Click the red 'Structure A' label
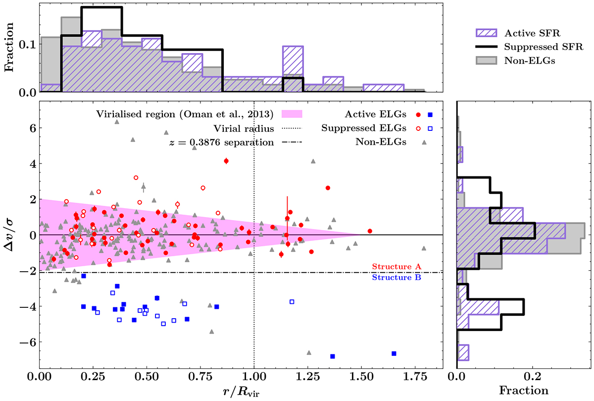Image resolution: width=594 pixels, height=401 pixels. [396, 266]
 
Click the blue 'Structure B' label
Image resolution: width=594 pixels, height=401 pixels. [396, 277]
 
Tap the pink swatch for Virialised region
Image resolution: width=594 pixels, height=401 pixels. [292, 114]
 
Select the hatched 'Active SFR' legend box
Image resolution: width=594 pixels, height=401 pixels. [486, 33]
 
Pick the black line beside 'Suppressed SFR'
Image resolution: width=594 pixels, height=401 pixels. [486, 47]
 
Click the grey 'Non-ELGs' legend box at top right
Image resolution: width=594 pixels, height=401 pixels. [486, 60]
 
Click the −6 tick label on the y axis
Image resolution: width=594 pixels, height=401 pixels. [28, 342]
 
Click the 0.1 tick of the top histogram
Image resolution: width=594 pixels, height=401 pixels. [28, 45]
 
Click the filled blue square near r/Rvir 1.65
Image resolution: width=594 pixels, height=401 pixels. [394, 353]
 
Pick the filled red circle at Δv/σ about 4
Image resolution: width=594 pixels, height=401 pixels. [226, 161]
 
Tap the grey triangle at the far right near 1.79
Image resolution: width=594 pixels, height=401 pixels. [424, 248]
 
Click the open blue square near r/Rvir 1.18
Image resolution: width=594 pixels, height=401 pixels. [292, 302]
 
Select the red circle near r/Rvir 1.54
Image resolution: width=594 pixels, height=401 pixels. [370, 231]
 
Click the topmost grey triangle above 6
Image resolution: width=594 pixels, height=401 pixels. [117, 122]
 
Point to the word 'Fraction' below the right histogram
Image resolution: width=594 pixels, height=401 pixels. [524, 391]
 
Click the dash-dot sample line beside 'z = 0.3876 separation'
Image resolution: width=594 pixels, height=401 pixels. [292, 142]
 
